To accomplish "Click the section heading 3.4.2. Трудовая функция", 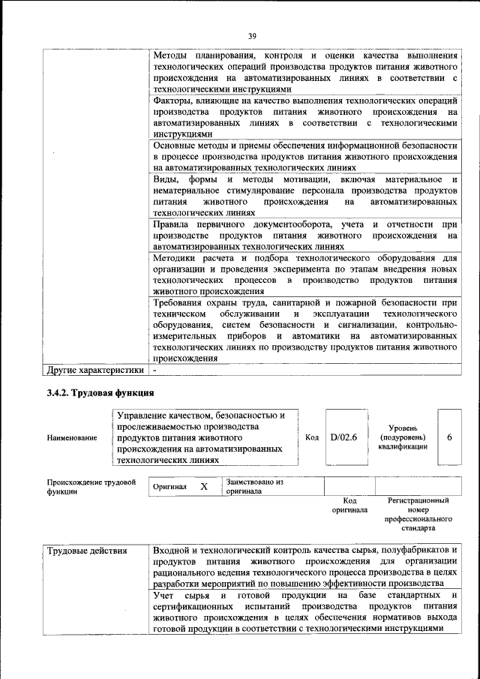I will click(100, 392).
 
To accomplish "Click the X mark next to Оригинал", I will click(203, 486).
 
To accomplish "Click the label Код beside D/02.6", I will click(313, 437).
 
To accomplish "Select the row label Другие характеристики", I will click(94, 370).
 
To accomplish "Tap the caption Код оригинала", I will click(349, 505).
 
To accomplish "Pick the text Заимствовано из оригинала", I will click(255, 486).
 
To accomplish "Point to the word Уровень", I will click(403, 427).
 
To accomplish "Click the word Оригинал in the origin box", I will click(169, 487).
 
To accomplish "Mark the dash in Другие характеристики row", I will click(154, 370).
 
